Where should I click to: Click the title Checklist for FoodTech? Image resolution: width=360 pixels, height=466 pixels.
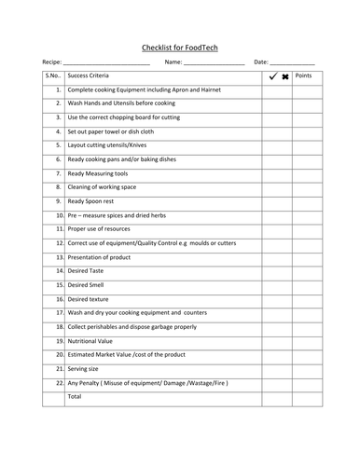(179, 46)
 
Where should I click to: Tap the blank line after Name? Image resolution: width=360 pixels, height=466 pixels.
(215, 63)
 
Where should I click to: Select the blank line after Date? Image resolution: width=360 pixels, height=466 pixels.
(293, 63)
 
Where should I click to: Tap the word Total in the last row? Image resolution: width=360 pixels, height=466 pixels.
(76, 396)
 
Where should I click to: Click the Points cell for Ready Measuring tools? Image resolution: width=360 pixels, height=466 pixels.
(307, 173)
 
